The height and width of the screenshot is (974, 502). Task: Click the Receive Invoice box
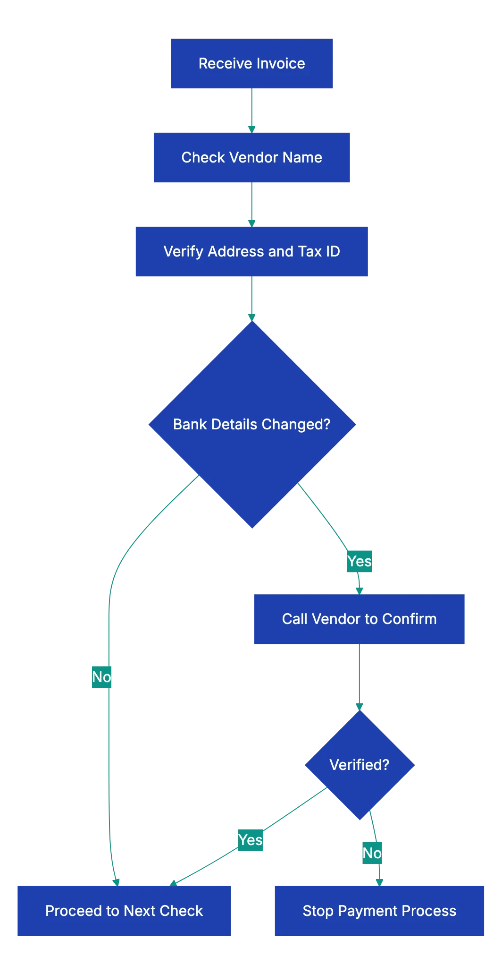click(252, 64)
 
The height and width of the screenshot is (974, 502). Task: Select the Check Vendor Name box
click(251, 158)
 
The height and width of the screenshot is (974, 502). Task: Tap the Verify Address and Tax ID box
click(251, 251)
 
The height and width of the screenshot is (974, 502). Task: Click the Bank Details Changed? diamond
click(252, 424)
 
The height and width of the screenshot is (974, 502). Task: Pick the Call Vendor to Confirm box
click(360, 619)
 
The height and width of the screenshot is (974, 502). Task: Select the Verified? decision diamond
click(360, 765)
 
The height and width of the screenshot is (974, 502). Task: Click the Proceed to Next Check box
click(124, 911)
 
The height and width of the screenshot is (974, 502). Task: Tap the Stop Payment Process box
click(379, 911)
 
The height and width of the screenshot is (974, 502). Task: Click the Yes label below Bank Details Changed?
click(359, 561)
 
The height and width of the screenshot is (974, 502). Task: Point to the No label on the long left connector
click(101, 677)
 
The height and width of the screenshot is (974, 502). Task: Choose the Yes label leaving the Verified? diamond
click(250, 840)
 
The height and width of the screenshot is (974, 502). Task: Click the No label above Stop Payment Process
click(372, 853)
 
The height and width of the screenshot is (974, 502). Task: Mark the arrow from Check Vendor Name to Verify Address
click(251, 204)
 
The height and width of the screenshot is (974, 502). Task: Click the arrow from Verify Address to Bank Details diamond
click(251, 298)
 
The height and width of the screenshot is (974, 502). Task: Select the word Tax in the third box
click(310, 251)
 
